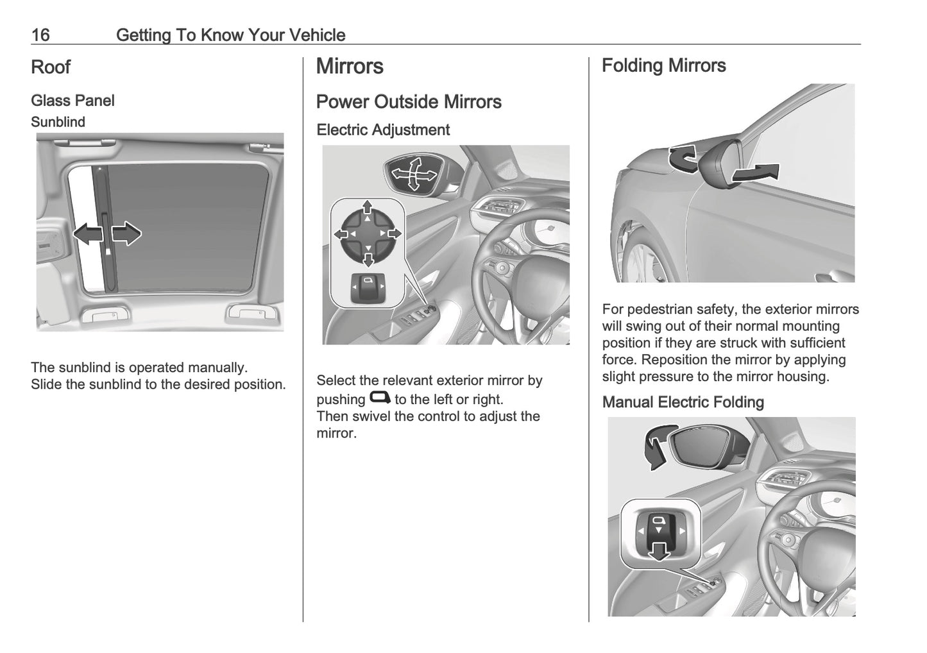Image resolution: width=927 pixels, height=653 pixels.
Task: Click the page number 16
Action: pos(40,35)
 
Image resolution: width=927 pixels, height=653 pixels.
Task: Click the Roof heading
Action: pos(51,67)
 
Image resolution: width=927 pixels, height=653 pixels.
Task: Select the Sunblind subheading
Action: pos(58,122)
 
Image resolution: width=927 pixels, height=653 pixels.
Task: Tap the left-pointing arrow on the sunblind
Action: pos(88,233)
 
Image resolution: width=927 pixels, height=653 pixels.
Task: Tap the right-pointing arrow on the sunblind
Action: pos(126,233)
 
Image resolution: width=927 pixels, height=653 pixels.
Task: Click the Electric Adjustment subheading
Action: pos(383,130)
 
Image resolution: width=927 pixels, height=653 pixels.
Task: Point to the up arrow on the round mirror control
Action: pos(367,207)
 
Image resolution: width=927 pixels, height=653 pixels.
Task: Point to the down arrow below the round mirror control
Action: pos(368,260)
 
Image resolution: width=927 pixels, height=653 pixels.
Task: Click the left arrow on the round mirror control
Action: pos(341,234)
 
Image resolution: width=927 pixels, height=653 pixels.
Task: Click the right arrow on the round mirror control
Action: pos(395,233)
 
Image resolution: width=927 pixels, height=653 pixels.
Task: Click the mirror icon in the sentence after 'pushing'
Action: pos(380,397)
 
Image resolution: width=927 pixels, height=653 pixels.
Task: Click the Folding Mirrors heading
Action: pos(663,65)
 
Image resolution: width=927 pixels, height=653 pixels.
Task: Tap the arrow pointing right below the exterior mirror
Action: pos(756,173)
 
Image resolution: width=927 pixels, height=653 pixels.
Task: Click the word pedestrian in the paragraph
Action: pos(668,310)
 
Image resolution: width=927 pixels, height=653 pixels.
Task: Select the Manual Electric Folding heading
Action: pos(683,402)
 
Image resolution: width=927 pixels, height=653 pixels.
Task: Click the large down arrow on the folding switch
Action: pos(658,551)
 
